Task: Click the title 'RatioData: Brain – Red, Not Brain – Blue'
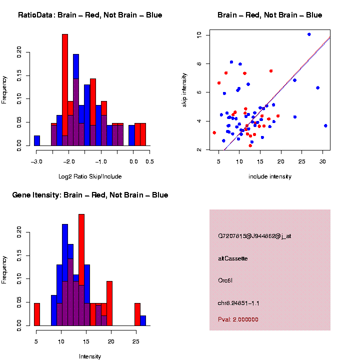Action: tap(90, 15)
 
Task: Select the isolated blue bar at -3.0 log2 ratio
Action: tap(37, 140)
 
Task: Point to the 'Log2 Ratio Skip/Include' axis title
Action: tap(90, 176)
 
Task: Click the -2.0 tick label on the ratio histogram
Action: tap(69, 161)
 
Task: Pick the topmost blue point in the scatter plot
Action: tap(309, 34)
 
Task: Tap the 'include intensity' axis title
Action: tap(270, 176)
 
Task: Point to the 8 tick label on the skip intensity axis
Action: tap(199, 63)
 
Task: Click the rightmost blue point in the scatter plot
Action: tap(325, 125)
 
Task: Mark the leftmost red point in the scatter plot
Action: tap(214, 132)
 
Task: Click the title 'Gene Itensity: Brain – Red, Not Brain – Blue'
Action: tap(90, 195)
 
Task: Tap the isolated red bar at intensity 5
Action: tap(37, 314)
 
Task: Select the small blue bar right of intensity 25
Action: tap(143, 320)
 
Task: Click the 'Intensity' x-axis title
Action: tap(90, 356)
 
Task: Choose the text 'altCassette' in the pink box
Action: tap(233, 258)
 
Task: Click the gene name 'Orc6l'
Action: tap(225, 280)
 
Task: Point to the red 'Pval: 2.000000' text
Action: tap(238, 319)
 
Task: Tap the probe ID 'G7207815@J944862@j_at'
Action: tap(254, 236)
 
